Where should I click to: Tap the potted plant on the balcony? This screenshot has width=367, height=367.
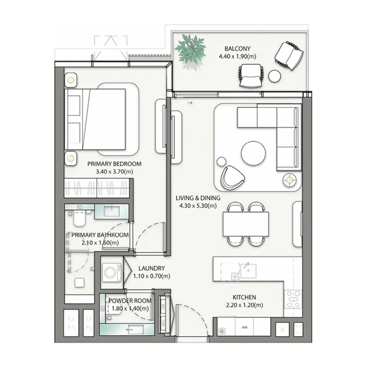pyautogui.click(x=190, y=48)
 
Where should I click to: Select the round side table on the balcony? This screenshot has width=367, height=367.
pyautogui.click(x=274, y=76)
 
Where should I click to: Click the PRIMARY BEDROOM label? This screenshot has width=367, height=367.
pyautogui.click(x=114, y=164)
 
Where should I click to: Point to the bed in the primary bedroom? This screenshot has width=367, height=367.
pyautogui.click(x=96, y=118)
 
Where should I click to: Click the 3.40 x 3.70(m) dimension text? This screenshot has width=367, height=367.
pyautogui.click(x=114, y=172)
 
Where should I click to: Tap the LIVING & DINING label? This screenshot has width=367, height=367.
pyautogui.click(x=198, y=198)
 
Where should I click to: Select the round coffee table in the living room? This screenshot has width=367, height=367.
pyautogui.click(x=253, y=153)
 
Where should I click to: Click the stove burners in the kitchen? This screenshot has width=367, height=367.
pyautogui.click(x=292, y=299)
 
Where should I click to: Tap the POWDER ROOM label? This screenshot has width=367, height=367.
pyautogui.click(x=130, y=301)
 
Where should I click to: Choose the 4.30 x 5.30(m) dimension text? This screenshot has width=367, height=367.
pyautogui.click(x=198, y=206)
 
